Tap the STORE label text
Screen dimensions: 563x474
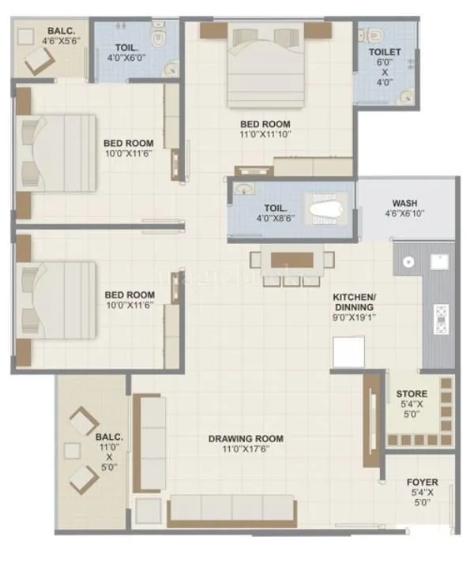(412, 393)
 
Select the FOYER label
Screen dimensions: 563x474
(423, 482)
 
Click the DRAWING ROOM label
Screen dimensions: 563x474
(246, 439)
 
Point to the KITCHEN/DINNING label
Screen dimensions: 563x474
(353, 302)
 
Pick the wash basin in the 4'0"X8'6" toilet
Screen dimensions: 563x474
(243, 190)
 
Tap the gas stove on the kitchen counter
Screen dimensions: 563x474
(440, 318)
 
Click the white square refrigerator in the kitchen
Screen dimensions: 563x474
(348, 351)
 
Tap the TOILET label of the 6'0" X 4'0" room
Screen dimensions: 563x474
(385, 52)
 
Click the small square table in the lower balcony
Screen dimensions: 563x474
(72, 452)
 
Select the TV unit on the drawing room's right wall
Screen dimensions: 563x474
(370, 421)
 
